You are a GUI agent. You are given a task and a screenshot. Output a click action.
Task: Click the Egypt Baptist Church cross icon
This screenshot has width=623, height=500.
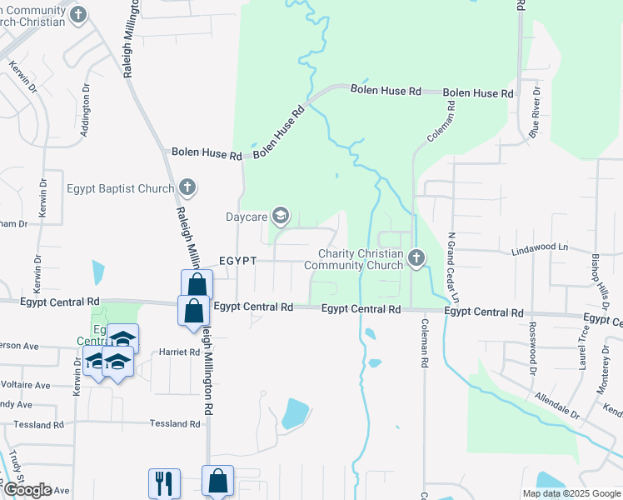coord(187,187)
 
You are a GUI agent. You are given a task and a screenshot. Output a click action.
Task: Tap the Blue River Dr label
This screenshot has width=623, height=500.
coord(537,109)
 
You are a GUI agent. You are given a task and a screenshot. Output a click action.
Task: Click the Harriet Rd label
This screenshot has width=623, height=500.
coord(179,352)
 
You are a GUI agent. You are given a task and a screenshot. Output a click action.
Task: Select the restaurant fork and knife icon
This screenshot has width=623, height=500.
coord(164,482)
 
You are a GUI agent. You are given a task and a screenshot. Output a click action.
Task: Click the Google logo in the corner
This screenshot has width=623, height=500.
coord(27,490)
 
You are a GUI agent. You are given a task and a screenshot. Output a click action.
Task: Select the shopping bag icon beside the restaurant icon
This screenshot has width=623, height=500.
coord(217,480)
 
